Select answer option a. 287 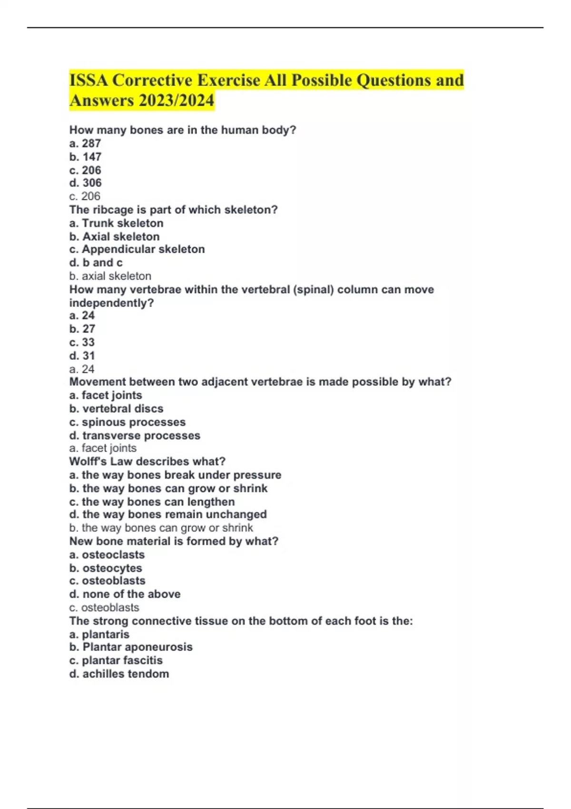click(x=85, y=143)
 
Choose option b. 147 click(x=86, y=157)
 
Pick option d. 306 click(x=86, y=183)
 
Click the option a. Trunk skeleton click(x=116, y=223)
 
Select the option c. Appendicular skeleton click(x=137, y=249)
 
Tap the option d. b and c click(x=96, y=263)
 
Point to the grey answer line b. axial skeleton click(x=110, y=276)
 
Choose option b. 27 click(x=82, y=329)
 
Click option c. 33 click(x=82, y=342)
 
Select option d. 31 click(x=82, y=355)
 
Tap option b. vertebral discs click(x=116, y=409)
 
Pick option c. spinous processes click(x=128, y=422)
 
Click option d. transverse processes click(x=135, y=435)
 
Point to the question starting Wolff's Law click(x=148, y=462)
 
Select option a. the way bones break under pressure click(x=175, y=475)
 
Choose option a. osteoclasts click(x=107, y=555)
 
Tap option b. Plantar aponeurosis click(x=131, y=647)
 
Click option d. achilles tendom click(x=119, y=674)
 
